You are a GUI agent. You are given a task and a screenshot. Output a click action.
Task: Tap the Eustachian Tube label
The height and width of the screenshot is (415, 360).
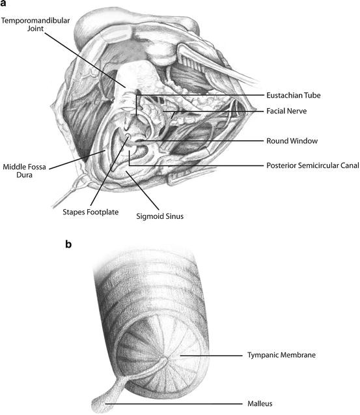pyautogui.click(x=294, y=95)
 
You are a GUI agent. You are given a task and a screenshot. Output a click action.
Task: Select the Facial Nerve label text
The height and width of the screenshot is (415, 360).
pyautogui.click(x=287, y=111)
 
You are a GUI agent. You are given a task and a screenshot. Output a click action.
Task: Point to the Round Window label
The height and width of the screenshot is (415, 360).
pyautogui.click(x=290, y=140)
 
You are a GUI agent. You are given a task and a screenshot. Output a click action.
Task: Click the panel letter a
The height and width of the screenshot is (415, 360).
pyautogui.click(x=5, y=5)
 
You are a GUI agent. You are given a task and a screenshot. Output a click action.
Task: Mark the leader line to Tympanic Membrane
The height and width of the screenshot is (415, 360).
pyautogui.click(x=208, y=356)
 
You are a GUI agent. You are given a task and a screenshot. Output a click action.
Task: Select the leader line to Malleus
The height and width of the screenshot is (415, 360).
pyautogui.click(x=176, y=403)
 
